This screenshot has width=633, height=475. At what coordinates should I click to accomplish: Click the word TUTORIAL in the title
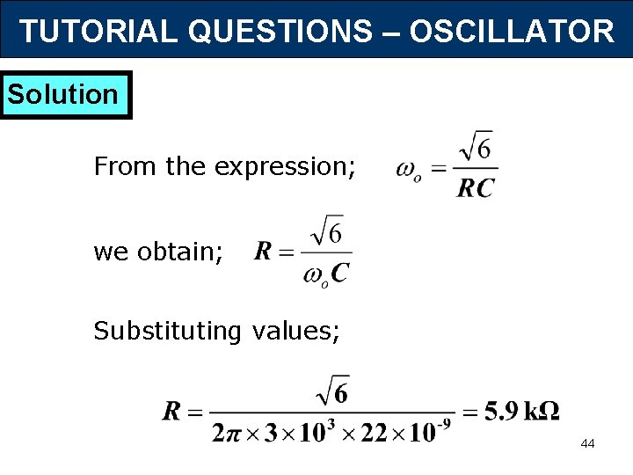98,32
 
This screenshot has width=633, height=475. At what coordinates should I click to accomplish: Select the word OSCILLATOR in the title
512,32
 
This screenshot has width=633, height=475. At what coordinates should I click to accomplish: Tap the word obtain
181,252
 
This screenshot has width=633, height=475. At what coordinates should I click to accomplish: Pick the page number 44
587,443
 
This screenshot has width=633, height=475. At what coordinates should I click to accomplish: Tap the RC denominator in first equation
476,187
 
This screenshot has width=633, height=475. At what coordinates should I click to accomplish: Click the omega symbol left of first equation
408,168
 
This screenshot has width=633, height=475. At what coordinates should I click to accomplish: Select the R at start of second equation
263,252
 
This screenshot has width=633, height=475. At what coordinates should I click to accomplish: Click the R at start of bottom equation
172,411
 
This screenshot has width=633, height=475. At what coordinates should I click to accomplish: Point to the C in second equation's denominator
339,274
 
